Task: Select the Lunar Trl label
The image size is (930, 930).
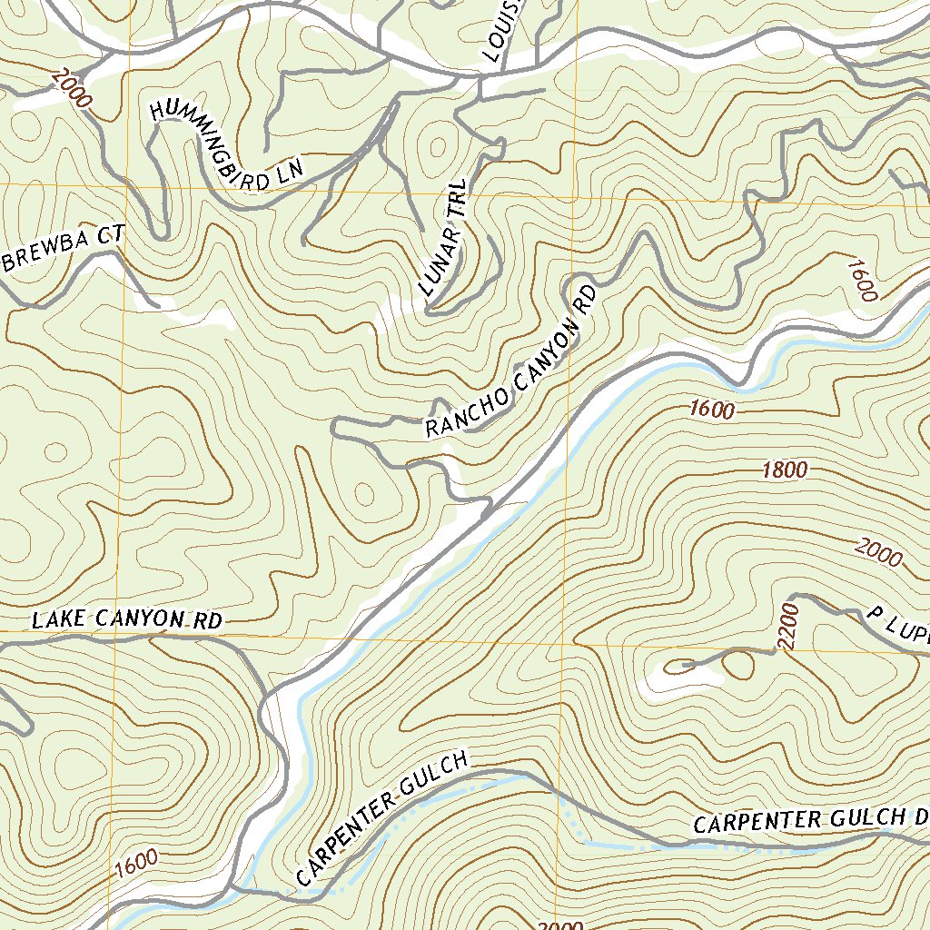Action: pos(444,238)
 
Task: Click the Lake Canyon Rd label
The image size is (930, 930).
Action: pos(127,620)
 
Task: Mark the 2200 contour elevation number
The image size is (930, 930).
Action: pos(787,626)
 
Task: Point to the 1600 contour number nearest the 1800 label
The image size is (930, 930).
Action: pos(711,410)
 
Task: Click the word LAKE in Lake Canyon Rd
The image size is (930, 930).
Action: pos(56,621)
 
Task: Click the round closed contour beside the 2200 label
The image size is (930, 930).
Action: pos(737,666)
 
